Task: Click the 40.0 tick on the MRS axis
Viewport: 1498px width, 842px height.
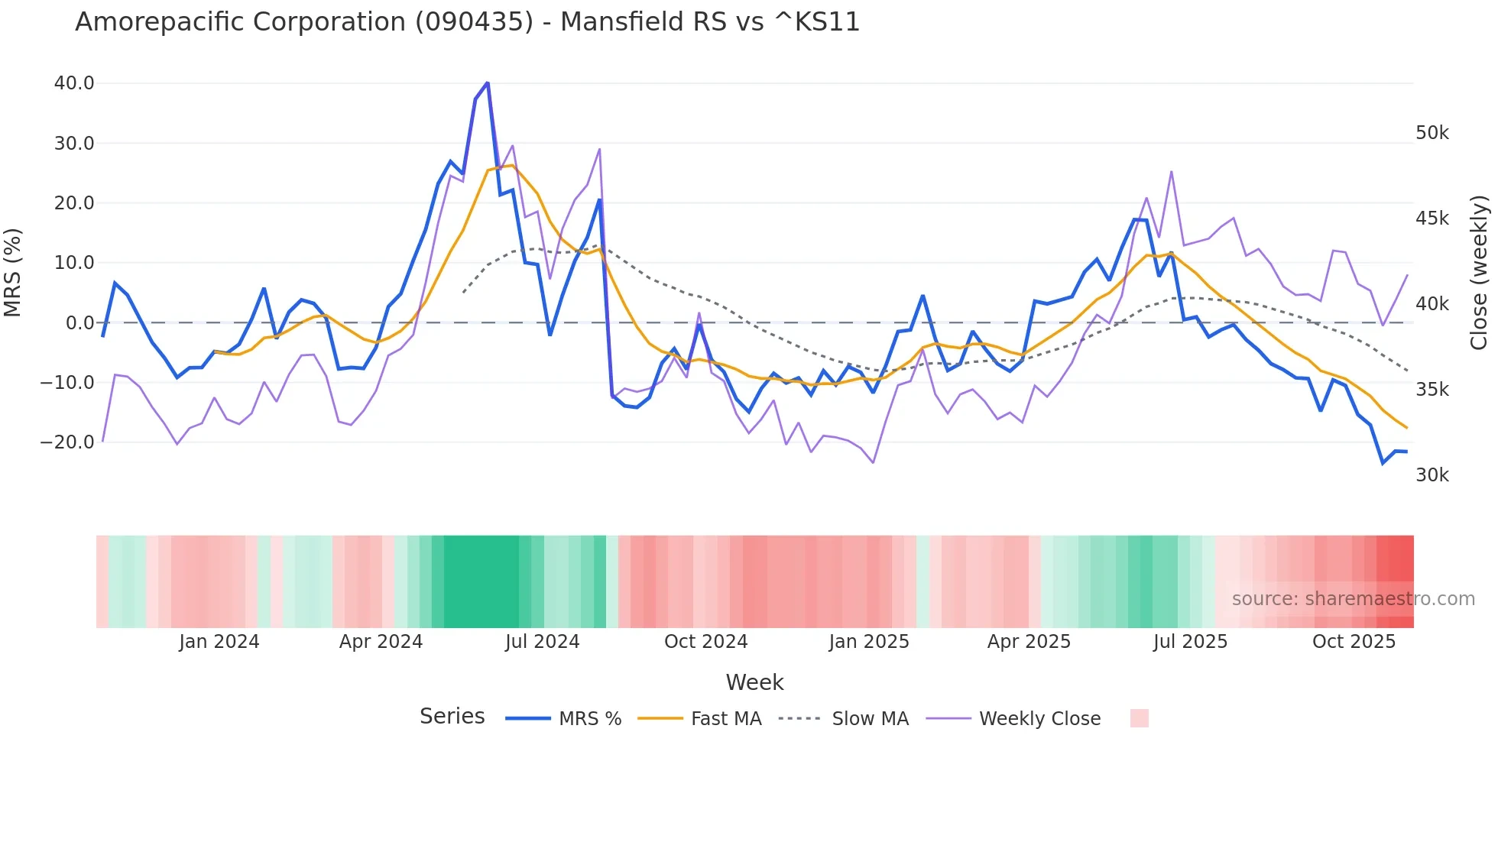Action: (x=73, y=83)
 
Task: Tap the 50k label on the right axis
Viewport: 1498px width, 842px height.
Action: (x=1432, y=133)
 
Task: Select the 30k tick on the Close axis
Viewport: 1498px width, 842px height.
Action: (x=1432, y=475)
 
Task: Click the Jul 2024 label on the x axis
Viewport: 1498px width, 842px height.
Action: (x=542, y=642)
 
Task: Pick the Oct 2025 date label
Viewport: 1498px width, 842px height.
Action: (x=1354, y=642)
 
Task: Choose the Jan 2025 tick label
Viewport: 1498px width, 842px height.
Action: (x=869, y=642)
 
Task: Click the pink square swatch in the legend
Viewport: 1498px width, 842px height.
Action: (x=1139, y=718)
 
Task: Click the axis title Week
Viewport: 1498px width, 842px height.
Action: (x=754, y=682)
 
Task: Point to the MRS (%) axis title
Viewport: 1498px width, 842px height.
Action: (x=13, y=272)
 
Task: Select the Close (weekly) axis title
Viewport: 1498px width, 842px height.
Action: (x=1479, y=272)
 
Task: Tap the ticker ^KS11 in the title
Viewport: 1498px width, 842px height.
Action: (x=817, y=22)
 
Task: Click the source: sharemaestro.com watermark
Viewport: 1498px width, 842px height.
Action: (x=1353, y=599)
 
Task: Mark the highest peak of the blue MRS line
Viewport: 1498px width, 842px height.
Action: (x=488, y=83)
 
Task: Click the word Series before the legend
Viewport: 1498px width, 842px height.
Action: (x=452, y=717)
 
